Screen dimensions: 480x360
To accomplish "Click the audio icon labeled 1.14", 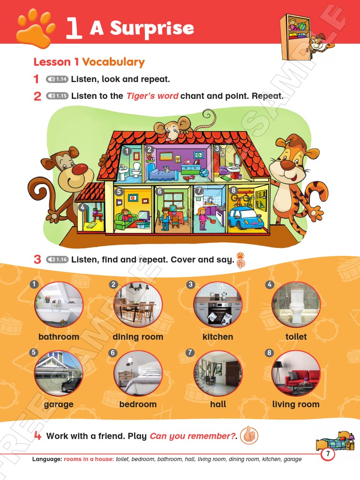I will pos(57,79).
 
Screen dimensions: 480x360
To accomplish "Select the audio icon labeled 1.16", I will pos(57,259).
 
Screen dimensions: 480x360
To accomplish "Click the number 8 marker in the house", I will pos(233,190).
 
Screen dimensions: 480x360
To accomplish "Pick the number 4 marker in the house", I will pos(82,207).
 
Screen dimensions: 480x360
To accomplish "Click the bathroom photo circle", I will pos(59,305).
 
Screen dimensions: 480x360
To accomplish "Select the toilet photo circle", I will pos(296,305).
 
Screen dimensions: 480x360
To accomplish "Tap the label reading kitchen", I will pos(217,337).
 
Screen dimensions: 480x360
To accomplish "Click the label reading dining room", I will pos(138,337).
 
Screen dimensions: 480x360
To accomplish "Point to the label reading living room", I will pos(296,404).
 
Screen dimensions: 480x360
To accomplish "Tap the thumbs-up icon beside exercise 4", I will pos(249,435).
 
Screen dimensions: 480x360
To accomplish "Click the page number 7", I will pos(328,454).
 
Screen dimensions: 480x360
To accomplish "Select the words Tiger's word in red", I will pos(152,96).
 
